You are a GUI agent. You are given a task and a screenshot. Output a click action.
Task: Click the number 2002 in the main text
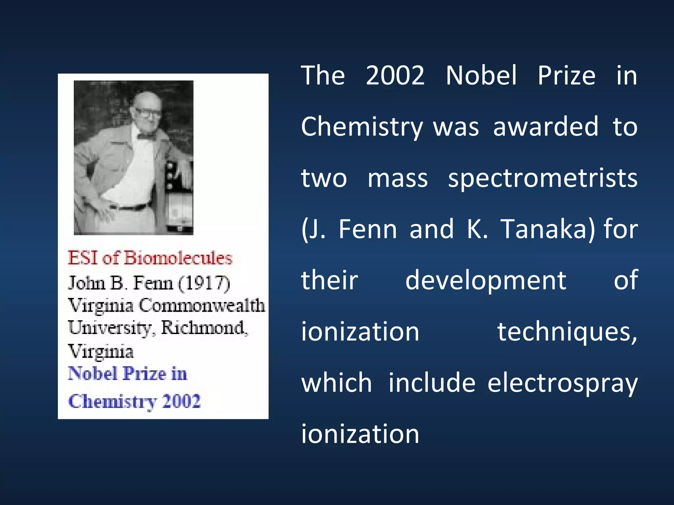coord(395,76)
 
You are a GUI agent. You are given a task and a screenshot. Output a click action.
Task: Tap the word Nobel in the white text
coord(481,76)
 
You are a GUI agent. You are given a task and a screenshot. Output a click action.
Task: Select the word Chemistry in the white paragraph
coord(362,127)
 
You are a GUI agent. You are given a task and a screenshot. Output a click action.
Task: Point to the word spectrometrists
coord(543,179)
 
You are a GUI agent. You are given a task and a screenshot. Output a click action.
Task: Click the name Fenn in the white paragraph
coord(368,229)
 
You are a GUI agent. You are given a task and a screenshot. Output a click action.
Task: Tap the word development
coord(486,280)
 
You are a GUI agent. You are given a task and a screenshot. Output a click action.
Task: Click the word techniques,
coord(567,331)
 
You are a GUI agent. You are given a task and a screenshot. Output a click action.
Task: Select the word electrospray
coord(562,383)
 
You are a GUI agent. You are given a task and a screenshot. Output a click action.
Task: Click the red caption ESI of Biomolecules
coord(150,258)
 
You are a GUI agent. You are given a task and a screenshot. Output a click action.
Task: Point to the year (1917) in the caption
coord(204,283)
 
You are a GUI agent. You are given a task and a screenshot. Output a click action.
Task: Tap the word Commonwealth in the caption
coord(202,305)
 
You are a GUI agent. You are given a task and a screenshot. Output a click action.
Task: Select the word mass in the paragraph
coord(398,179)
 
